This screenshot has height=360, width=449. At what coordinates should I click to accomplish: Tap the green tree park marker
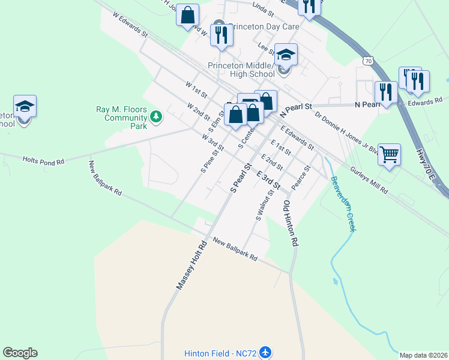156,116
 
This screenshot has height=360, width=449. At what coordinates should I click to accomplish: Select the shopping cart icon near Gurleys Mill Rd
390,155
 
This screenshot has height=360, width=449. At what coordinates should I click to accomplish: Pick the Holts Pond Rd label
43,160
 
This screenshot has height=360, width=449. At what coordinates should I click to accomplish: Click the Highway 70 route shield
369,61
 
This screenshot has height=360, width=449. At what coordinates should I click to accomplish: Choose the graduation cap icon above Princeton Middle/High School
286,55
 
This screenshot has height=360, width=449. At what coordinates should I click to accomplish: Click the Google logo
20,353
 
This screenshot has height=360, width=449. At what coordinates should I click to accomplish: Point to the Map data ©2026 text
423,355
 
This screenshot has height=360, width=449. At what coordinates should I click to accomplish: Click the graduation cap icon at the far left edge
25,106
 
